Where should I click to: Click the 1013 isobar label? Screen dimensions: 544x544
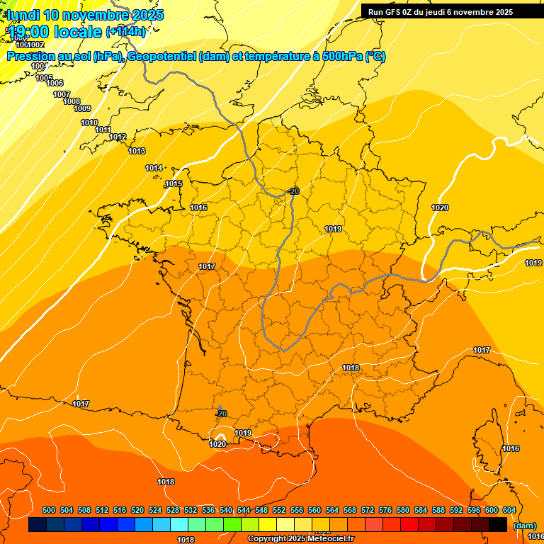click(137, 151)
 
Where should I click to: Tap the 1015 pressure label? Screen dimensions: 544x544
click(174, 183)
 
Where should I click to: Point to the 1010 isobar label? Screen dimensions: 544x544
click(89, 123)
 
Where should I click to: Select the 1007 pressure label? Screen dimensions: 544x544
click(62, 94)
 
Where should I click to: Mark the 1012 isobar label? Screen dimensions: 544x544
click(118, 137)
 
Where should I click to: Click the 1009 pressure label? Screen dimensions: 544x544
click(82, 108)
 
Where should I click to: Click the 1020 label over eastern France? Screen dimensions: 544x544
click(440, 208)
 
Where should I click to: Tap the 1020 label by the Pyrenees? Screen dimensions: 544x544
click(217, 444)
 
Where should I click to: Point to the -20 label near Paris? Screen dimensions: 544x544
click(293, 191)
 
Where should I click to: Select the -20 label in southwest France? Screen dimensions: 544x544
click(221, 414)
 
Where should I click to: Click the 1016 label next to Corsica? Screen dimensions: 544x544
click(510, 448)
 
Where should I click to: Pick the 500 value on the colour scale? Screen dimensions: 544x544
click(49, 510)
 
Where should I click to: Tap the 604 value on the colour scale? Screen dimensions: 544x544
click(509, 510)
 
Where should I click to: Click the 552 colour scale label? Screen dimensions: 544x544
click(279, 510)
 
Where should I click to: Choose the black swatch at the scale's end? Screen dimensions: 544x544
click(498, 525)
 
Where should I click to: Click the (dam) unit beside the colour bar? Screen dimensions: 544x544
click(525, 526)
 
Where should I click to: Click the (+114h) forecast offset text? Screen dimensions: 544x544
click(125, 31)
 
